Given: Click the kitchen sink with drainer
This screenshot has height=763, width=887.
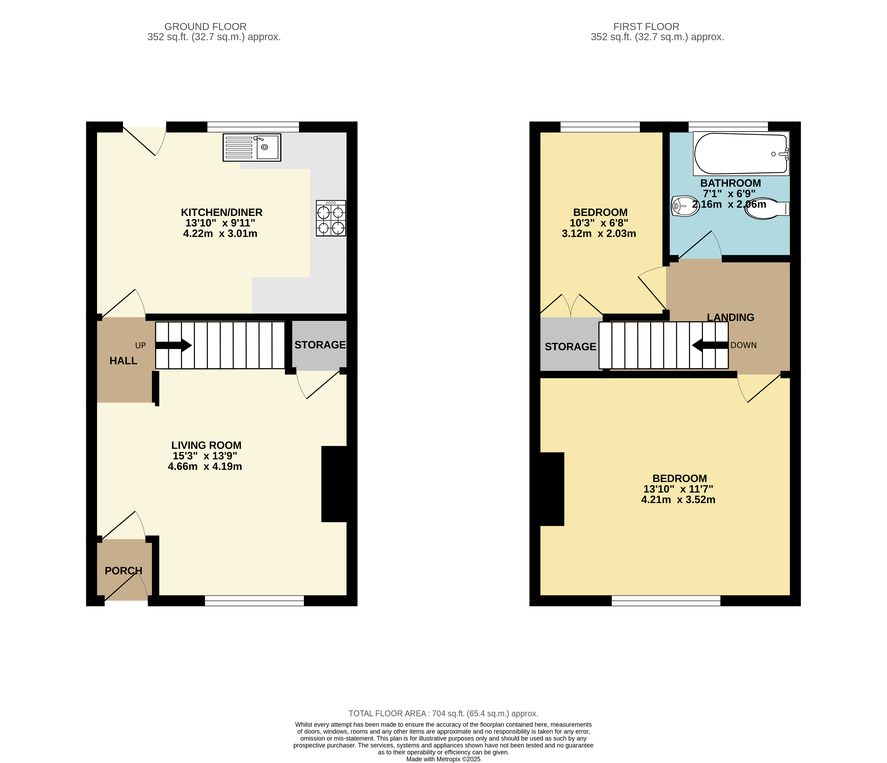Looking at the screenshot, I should click(x=252, y=148).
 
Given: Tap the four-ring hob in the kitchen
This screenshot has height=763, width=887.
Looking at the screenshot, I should click(x=331, y=218).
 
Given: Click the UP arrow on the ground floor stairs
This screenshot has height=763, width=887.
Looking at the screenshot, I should click(x=173, y=345).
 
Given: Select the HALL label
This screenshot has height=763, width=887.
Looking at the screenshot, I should click(x=123, y=361).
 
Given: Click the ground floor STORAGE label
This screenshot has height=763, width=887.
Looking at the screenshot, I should click(x=320, y=345).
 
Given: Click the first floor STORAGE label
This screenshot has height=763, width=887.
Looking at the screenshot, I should click(x=570, y=347).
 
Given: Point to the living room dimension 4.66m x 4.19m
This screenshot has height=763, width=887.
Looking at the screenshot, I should click(x=205, y=466).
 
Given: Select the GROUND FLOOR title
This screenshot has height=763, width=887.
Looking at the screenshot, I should click(x=205, y=27).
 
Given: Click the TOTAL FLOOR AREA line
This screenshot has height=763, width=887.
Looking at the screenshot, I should click(x=443, y=713).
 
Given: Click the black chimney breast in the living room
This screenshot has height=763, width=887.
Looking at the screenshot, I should click(x=334, y=484).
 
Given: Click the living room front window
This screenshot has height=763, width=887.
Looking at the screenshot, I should click(x=254, y=600).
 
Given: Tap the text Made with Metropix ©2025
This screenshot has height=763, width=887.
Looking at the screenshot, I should click(x=443, y=759).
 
